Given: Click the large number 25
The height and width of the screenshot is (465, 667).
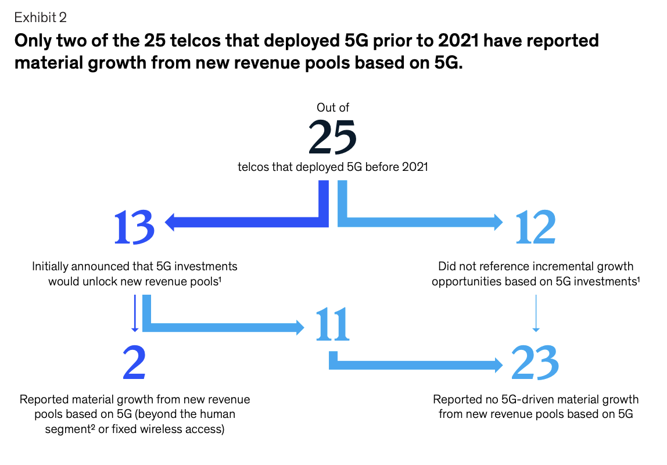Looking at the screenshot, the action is (x=333, y=137).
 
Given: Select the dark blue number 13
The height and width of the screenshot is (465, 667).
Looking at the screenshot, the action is (x=134, y=228).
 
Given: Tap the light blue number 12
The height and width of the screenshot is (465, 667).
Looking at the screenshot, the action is (x=536, y=227).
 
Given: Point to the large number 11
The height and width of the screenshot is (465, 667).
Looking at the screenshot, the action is (x=333, y=324).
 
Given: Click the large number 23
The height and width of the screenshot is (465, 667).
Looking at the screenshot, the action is (x=535, y=363).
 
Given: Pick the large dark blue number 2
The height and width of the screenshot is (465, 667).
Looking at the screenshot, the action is (x=134, y=362).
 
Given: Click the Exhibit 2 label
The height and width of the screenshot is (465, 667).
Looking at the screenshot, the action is (x=41, y=17).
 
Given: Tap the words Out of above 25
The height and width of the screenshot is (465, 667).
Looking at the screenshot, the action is (x=333, y=107).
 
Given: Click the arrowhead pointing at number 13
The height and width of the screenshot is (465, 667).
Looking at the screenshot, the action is (x=170, y=222).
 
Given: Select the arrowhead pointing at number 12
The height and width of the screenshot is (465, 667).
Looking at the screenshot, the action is (x=498, y=222).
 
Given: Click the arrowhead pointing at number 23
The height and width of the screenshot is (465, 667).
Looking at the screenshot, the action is (x=498, y=364).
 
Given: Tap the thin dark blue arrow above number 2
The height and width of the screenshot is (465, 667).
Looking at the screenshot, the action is (x=135, y=313).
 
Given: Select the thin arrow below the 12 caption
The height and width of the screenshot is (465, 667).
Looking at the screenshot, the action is (x=536, y=313).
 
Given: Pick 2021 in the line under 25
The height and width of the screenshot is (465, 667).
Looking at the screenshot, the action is (x=415, y=167).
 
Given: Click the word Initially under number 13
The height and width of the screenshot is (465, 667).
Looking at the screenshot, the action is (x=50, y=267).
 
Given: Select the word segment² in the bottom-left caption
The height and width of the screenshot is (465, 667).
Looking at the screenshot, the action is (x=70, y=430).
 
